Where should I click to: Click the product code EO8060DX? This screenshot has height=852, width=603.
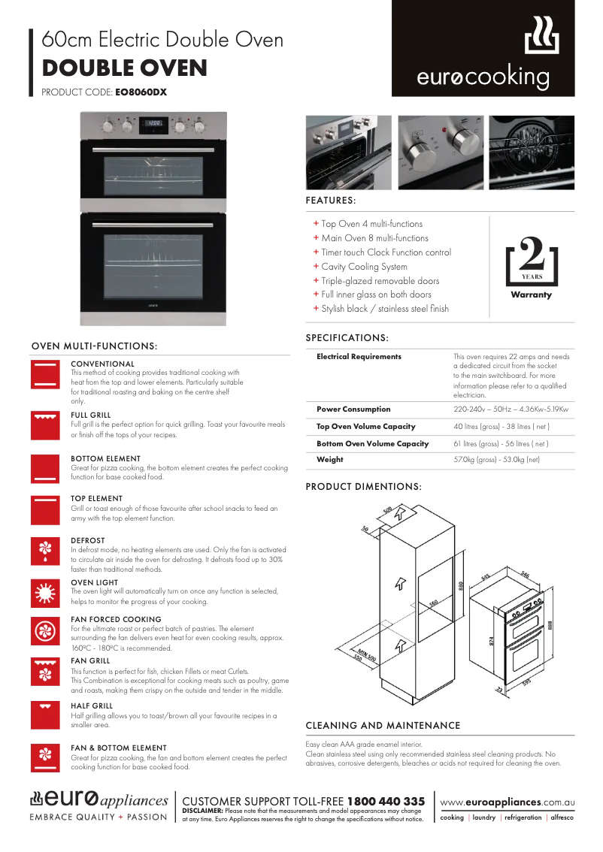tap(141, 92)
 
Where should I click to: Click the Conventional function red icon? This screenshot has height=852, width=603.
tap(44, 373)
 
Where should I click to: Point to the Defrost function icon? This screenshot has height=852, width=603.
tap(44, 550)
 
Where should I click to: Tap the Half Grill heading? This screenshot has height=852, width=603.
tap(92, 706)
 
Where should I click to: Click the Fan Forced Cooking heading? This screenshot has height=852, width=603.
tap(116, 620)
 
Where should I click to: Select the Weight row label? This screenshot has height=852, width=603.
tap(330, 459)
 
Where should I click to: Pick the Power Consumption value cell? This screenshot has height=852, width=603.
tap(511, 409)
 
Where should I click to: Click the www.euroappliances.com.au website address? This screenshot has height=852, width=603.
tap(507, 802)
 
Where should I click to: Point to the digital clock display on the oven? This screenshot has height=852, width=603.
tap(154, 123)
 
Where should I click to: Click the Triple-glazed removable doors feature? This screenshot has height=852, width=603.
tap(380, 281)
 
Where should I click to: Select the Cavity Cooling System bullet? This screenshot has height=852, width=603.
tap(364, 267)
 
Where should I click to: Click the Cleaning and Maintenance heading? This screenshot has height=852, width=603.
tap(383, 726)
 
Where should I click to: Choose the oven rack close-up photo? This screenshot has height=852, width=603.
tap(532, 153)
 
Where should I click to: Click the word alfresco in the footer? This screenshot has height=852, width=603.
tap(561, 817)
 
